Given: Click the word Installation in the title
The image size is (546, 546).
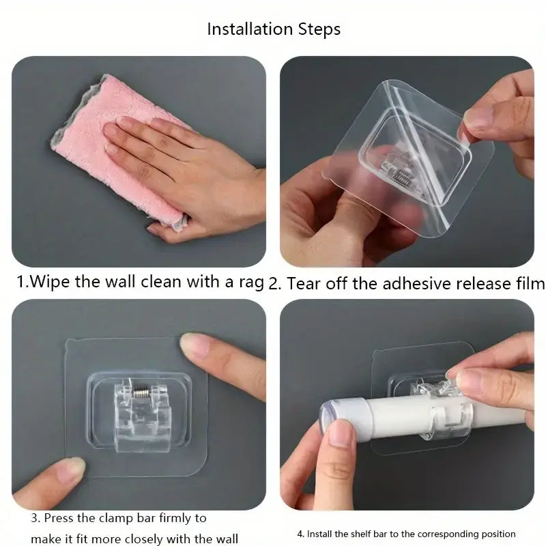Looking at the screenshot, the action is (x=250, y=29).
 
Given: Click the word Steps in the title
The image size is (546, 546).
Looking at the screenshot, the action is (x=319, y=29).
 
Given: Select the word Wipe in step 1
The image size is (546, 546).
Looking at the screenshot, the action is (x=49, y=281).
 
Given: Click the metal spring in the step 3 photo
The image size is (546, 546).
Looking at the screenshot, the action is (x=141, y=392).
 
